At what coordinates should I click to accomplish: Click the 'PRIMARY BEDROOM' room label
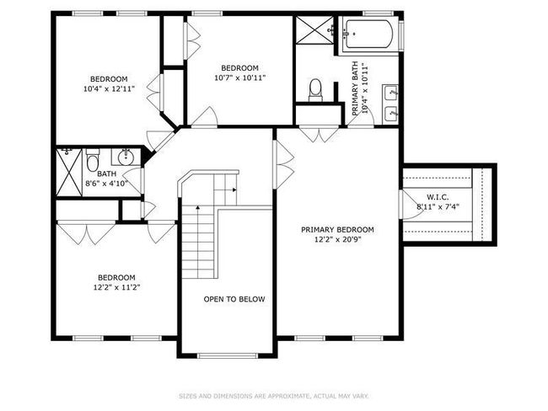click(337, 230)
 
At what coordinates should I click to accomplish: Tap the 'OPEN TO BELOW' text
click(234, 299)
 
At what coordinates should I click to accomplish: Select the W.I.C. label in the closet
click(438, 197)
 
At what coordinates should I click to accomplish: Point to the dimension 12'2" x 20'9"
click(337, 239)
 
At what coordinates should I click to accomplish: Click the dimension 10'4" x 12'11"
click(109, 88)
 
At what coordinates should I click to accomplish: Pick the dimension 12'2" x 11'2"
click(116, 288)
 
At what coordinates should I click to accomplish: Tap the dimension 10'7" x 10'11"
click(239, 77)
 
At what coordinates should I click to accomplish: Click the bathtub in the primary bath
click(368, 34)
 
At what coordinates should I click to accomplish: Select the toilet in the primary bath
click(315, 90)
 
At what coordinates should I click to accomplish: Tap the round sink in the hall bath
click(126, 157)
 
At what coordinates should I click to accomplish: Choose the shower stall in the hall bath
click(69, 172)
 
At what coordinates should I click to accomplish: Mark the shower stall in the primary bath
click(314, 30)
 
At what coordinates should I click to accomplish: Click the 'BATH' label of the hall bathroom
click(106, 173)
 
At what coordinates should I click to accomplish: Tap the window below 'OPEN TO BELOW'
click(228, 355)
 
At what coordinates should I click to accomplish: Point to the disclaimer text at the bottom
click(274, 396)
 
